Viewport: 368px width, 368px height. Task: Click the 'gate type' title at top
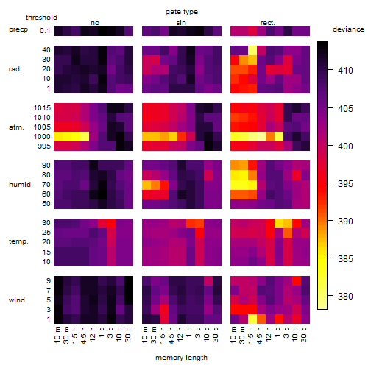click(182, 12)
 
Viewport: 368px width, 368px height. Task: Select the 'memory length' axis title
click(181, 358)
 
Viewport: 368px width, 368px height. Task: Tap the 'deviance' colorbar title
click(348, 29)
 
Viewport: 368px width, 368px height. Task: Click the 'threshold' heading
click(41, 18)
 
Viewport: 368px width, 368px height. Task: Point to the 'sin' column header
click(181, 23)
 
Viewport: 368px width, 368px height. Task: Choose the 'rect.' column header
click(268, 23)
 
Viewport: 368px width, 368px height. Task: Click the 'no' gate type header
click(95, 23)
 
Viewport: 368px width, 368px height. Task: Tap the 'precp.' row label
click(19, 29)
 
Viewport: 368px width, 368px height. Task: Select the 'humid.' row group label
click(21, 185)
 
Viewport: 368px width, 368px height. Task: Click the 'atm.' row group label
click(16, 127)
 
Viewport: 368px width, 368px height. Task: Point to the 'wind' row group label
click(17, 300)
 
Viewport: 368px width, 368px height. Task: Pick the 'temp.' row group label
click(18, 241)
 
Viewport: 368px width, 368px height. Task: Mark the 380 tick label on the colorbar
click(345, 297)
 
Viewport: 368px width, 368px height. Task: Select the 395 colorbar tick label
click(345, 184)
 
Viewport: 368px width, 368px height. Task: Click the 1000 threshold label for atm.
click(42, 137)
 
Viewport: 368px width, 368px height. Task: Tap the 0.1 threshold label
click(45, 31)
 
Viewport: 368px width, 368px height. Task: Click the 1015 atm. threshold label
click(42, 108)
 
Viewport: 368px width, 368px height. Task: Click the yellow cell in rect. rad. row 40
click(252, 50)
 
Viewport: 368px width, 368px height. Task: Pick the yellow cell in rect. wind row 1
click(252, 319)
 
